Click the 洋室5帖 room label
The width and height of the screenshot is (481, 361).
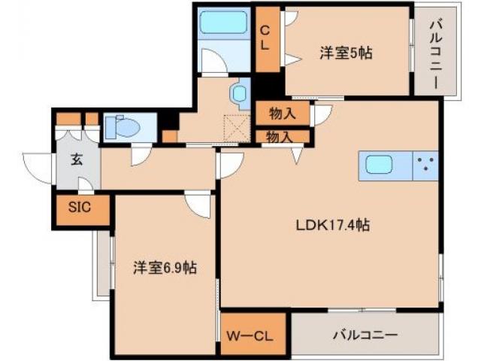(346, 53)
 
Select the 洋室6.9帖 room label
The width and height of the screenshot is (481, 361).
(165, 268)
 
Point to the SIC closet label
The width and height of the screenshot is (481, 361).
(80, 208)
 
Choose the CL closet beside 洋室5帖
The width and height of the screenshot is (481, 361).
(265, 38)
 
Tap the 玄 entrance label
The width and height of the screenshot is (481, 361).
(77, 159)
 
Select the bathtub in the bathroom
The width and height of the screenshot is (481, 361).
(223, 24)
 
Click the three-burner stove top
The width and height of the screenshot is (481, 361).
(426, 165)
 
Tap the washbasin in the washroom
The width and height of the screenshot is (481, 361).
(240, 93)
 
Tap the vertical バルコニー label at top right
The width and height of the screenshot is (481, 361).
(436, 50)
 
